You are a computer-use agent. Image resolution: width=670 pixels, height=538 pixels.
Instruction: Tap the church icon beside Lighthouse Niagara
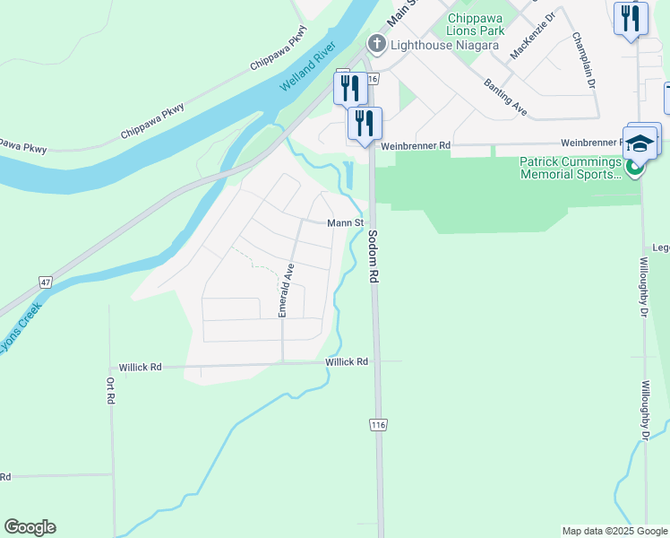pyautogui.click(x=377, y=43)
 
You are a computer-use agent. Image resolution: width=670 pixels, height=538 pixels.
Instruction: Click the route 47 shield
pyautogui.click(x=45, y=282)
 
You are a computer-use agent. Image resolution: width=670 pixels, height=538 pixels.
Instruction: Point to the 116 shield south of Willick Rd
pyautogui.click(x=377, y=425)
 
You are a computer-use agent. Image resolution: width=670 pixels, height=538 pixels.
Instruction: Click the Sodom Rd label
pyautogui.click(x=374, y=257)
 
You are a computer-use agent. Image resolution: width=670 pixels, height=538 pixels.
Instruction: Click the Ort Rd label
pyautogui.click(x=111, y=389)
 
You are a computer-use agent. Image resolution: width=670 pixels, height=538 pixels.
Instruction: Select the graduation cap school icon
pyautogui.click(x=641, y=143)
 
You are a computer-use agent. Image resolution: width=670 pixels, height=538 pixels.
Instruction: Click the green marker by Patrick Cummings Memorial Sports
pyautogui.click(x=635, y=168)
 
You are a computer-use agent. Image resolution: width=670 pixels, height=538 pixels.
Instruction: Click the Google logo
pyautogui.click(x=30, y=527)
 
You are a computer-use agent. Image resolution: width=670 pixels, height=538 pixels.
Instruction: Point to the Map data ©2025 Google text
pyautogui.click(x=614, y=531)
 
